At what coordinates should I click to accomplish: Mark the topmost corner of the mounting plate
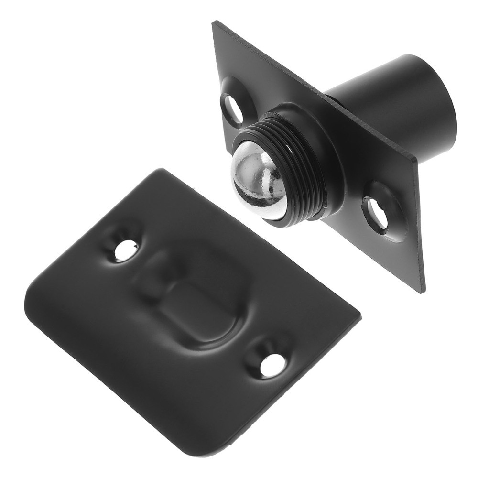click(x=214, y=22)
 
